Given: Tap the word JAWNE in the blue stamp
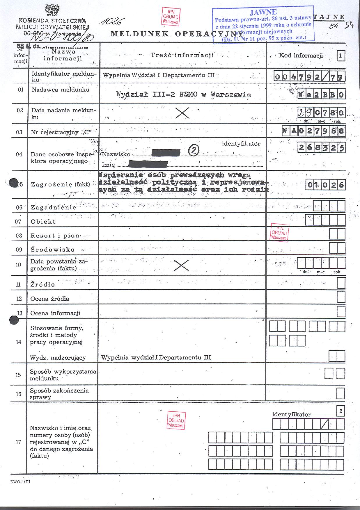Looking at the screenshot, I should [x=263, y=12].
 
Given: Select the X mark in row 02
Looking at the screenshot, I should [x=182, y=113].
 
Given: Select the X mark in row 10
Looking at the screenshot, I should [x=181, y=265].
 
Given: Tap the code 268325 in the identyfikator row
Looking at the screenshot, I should [x=322, y=148].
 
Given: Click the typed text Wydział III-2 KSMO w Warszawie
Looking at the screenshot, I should [x=183, y=94].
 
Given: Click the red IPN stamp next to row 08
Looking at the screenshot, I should [x=279, y=233].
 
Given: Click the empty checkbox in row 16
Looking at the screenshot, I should [x=341, y=393].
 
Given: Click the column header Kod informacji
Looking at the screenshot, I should [x=301, y=56].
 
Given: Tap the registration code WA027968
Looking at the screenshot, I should [x=313, y=131].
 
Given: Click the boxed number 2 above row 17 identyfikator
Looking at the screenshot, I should [x=341, y=411].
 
